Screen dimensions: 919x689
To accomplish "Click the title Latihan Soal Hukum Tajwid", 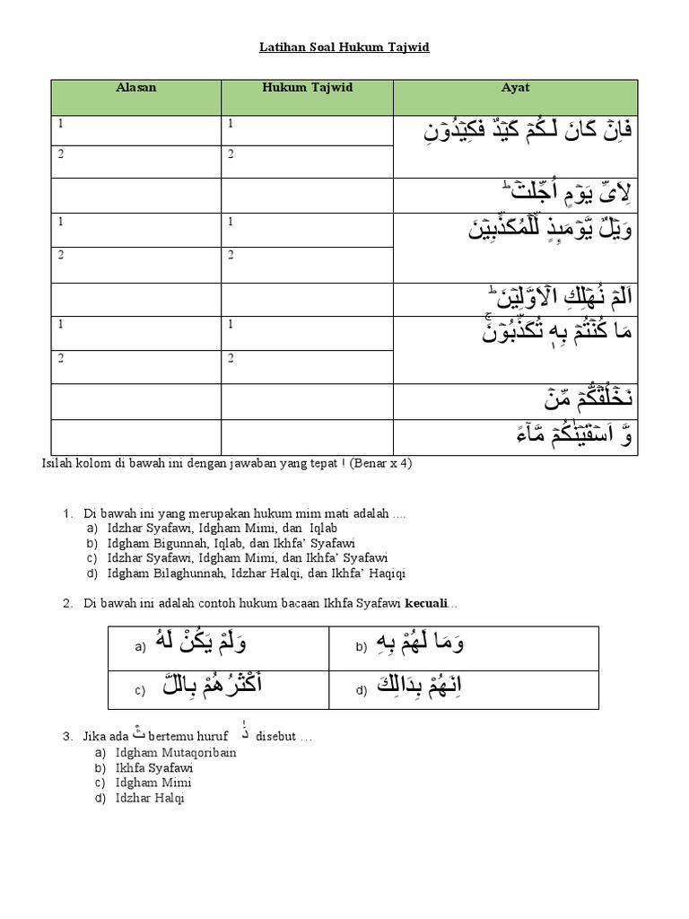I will [x=344, y=47].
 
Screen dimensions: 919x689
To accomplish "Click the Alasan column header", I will [x=135, y=88].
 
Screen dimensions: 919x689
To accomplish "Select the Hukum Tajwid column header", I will [x=307, y=88].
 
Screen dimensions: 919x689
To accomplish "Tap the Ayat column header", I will [x=515, y=88].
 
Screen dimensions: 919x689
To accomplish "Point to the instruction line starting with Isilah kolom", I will [x=227, y=463].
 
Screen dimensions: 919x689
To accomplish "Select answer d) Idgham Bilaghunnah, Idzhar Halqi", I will [x=256, y=573].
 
